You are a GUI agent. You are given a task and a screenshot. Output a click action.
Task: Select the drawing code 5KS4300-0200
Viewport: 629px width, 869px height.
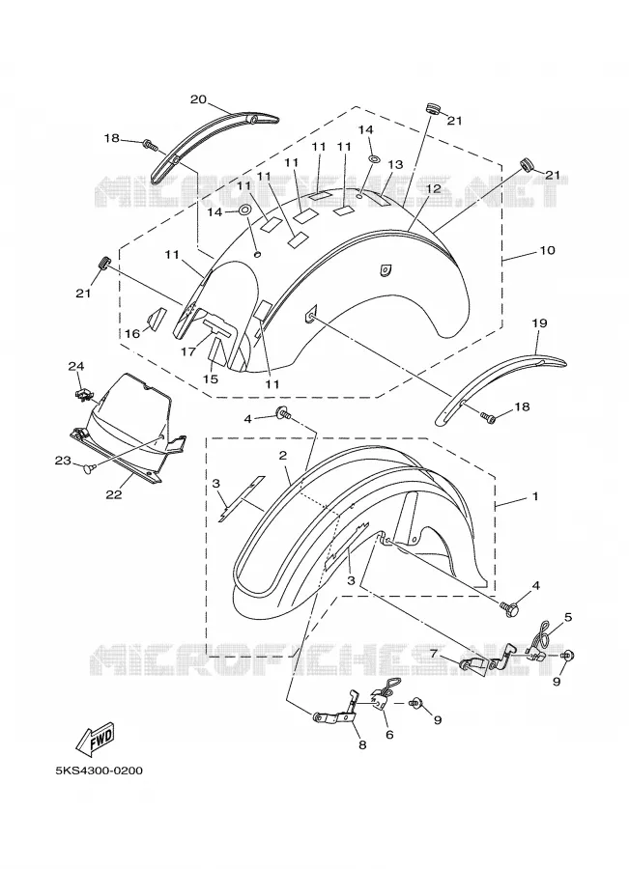click(x=99, y=771)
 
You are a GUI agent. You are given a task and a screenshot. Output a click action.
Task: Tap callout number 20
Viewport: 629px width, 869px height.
click(x=199, y=99)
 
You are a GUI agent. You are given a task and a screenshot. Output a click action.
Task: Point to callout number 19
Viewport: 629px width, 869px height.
click(x=539, y=323)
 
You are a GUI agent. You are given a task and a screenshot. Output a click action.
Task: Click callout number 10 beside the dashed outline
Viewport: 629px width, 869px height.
click(x=547, y=250)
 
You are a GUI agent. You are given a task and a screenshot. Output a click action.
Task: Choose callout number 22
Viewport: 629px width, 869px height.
click(x=114, y=495)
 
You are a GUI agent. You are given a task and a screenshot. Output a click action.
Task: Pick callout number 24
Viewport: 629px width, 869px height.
click(x=76, y=366)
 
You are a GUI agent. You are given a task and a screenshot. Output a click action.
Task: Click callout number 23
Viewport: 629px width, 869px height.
click(x=62, y=460)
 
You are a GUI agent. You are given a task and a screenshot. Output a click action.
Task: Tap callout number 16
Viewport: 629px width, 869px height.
click(x=132, y=334)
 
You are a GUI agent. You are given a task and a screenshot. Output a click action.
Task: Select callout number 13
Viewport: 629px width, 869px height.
click(x=395, y=165)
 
